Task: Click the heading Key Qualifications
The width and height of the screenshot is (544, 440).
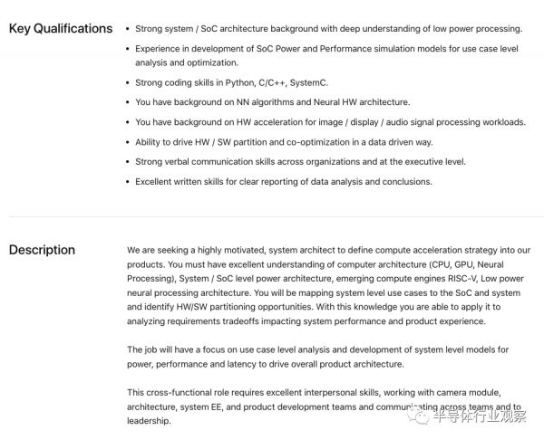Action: [x=61, y=29]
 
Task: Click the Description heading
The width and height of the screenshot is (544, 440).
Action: [x=42, y=251]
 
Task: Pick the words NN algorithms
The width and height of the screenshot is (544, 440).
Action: [x=270, y=102]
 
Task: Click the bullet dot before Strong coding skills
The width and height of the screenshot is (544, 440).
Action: [x=125, y=83]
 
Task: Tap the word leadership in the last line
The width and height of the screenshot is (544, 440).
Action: [x=148, y=421]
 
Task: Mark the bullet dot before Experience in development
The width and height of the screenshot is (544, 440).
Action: [x=125, y=48]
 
